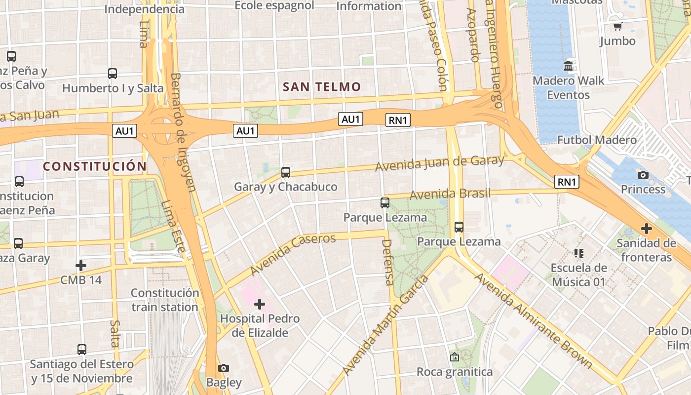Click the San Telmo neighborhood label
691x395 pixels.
tap(322, 87)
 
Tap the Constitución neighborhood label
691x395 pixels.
tap(95, 166)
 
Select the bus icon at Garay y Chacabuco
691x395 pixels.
tap(285, 172)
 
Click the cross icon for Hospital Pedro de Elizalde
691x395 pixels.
tap(259, 304)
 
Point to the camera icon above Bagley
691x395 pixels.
tap(224, 368)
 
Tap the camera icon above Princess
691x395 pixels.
tap(643, 175)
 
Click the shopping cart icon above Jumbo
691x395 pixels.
tap(617, 26)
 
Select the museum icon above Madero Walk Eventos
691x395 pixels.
tap(568, 66)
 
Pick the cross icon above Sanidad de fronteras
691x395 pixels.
tap(646, 229)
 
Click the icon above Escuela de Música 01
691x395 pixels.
tap(579, 253)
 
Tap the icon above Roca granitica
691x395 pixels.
tap(455, 357)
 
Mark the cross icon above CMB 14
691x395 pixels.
tap(81, 266)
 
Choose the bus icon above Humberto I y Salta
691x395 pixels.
tap(113, 74)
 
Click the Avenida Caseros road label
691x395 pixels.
tap(293, 254)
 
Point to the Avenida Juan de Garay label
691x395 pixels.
tap(439, 163)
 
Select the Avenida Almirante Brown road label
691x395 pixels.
tap(533, 320)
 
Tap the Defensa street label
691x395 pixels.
tap(388, 262)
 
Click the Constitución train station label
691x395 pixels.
tap(165, 300)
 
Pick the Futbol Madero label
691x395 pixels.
tap(597, 140)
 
